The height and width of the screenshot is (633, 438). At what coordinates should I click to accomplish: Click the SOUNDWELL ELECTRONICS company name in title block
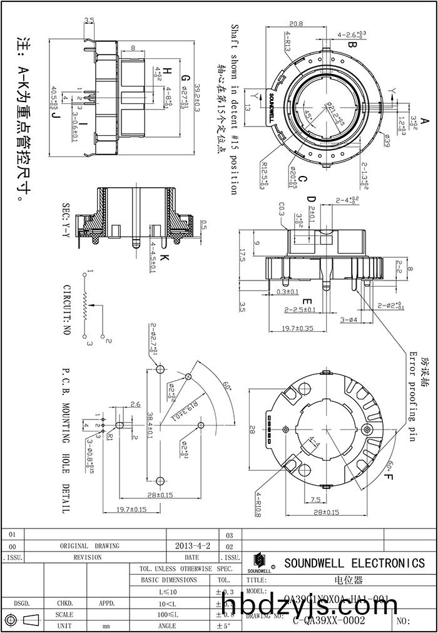(x=354, y=563)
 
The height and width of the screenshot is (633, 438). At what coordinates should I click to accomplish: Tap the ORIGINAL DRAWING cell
(x=89, y=546)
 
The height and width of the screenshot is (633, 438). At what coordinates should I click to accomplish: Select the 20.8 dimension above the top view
(x=297, y=24)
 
